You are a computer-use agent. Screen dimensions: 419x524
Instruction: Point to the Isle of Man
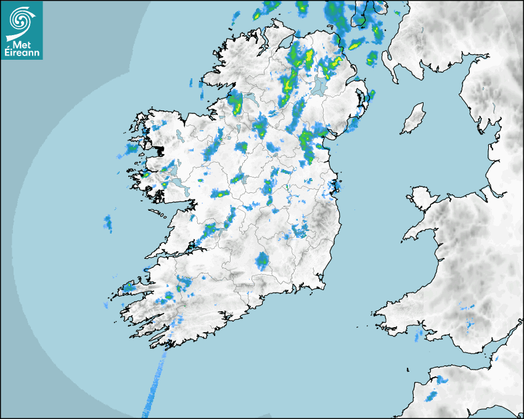coord(414,119)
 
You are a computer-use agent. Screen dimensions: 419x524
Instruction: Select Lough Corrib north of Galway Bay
coord(174,169)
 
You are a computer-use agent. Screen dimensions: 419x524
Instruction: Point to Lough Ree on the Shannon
coord(240,179)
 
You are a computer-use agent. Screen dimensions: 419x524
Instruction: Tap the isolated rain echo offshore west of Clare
coord(108,223)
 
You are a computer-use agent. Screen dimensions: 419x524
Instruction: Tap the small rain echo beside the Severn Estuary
coord(496,357)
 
